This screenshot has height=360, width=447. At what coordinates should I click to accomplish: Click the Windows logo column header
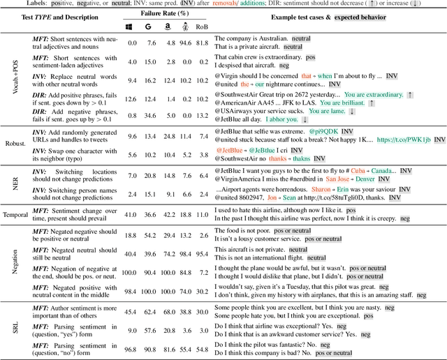pyautogui.click(x=133, y=27)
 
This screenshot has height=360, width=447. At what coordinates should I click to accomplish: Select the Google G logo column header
pyautogui.click(x=150, y=27)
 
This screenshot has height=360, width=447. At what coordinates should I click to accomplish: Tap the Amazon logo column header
pyautogui.click(x=168, y=27)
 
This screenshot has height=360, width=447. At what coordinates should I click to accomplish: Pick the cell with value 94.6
pyautogui.click(x=185, y=42)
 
